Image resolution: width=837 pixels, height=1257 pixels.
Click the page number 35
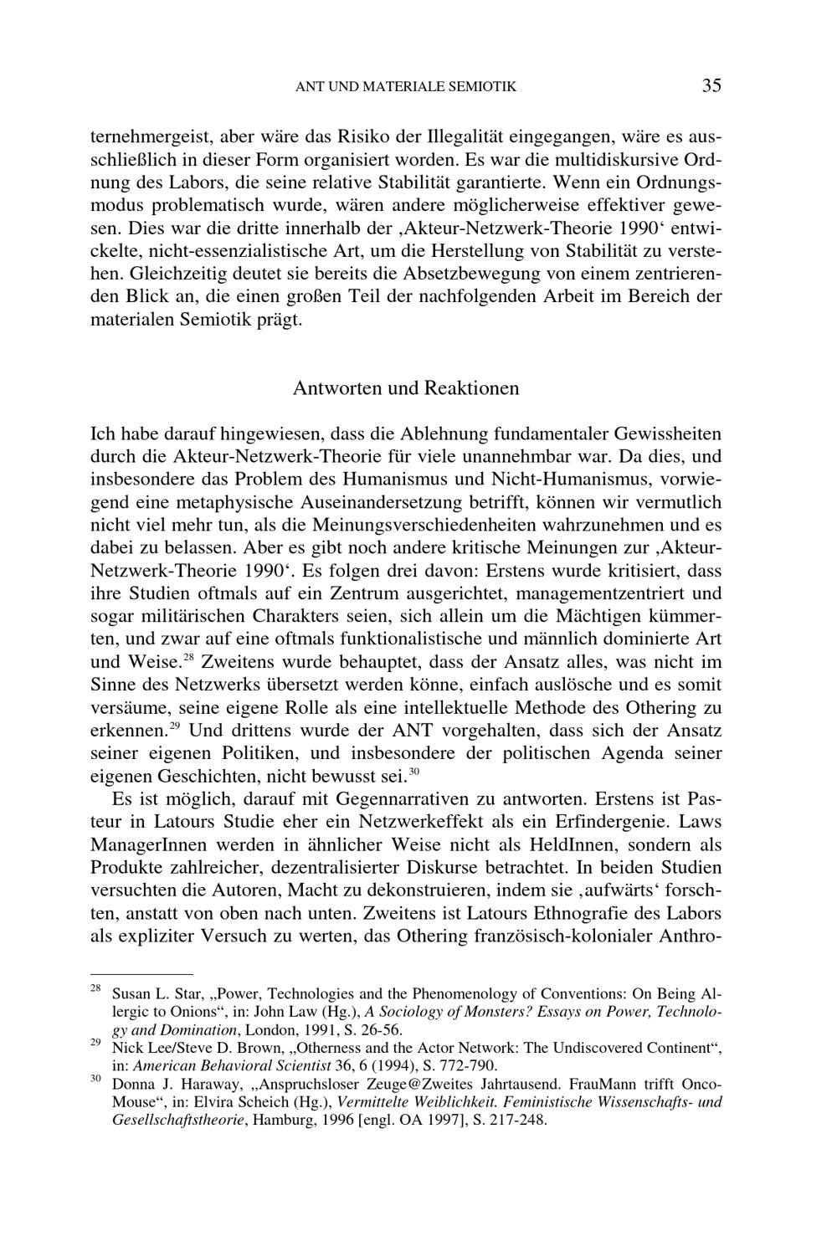point(711,85)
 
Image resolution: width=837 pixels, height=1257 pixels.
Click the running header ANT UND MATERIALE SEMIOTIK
point(406,86)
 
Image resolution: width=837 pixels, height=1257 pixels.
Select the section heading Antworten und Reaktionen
point(406,388)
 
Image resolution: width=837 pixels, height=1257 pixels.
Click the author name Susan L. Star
point(151,994)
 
